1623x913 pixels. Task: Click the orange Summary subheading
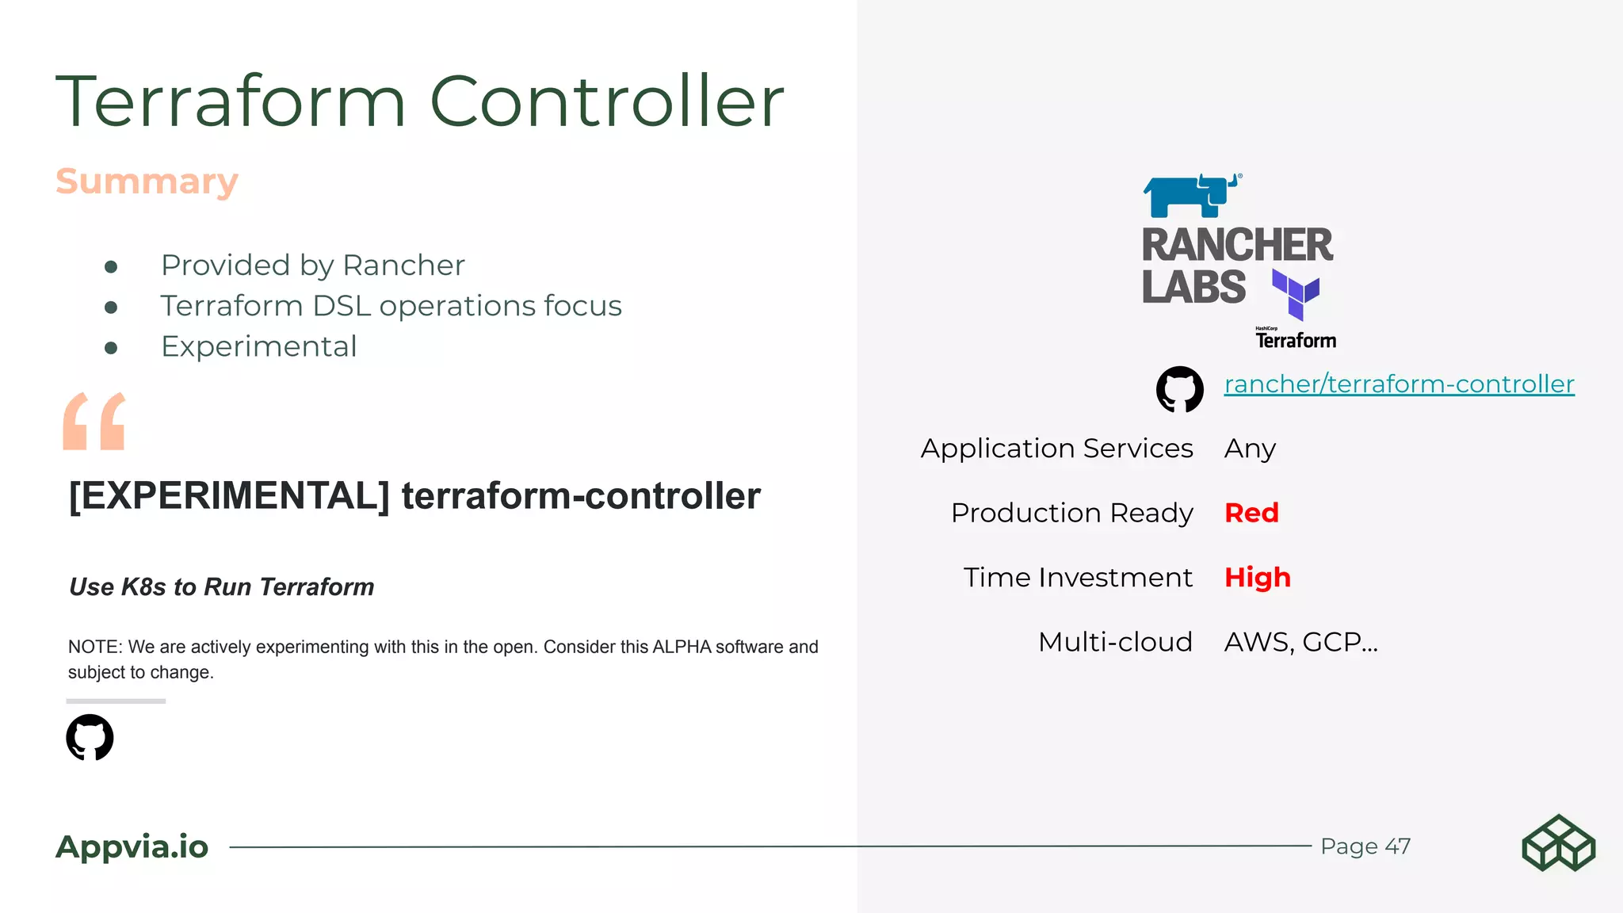click(147, 181)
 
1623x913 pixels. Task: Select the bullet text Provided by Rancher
click(312, 265)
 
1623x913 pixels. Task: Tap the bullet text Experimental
click(258, 347)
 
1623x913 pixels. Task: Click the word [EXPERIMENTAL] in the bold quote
click(229, 496)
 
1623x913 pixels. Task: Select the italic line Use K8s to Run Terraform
click(221, 586)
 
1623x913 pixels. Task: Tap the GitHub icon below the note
click(90, 737)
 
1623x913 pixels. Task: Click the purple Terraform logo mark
click(1296, 294)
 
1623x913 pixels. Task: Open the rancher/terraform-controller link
click(1399, 384)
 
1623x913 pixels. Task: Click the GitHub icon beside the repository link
click(1179, 388)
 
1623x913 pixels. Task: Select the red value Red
click(1251, 513)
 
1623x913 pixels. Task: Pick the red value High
click(1257, 577)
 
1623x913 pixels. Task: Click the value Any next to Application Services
click(1250, 449)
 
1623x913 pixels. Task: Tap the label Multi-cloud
click(1114, 642)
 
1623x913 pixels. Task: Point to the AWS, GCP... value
click(1300, 642)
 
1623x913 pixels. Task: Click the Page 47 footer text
click(1365, 846)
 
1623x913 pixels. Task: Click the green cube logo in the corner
click(1558, 843)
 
